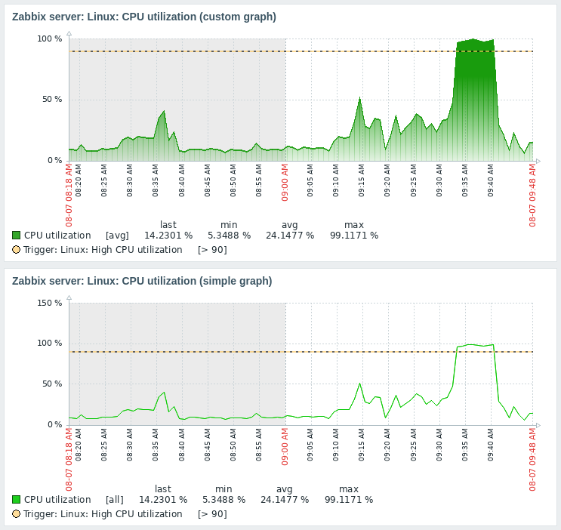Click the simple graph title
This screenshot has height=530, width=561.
[x=142, y=281]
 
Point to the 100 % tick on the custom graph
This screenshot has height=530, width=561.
[x=50, y=39]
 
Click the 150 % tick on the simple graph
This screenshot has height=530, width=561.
[x=50, y=303]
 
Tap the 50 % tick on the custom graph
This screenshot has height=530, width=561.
[x=52, y=100]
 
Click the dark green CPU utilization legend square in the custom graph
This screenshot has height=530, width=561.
[x=17, y=236]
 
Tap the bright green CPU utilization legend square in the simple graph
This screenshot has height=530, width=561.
[x=17, y=500]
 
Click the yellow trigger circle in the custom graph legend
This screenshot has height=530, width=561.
[x=17, y=250]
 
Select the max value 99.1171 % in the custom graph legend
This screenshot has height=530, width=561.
[x=354, y=236]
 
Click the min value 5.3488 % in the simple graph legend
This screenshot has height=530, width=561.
[x=223, y=500]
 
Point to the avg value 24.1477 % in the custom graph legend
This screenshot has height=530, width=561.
[x=290, y=236]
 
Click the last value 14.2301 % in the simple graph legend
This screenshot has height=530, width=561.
[x=162, y=500]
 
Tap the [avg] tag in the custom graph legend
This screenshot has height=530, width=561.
[x=117, y=236]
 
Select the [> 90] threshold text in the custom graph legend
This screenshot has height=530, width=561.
[x=212, y=250]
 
